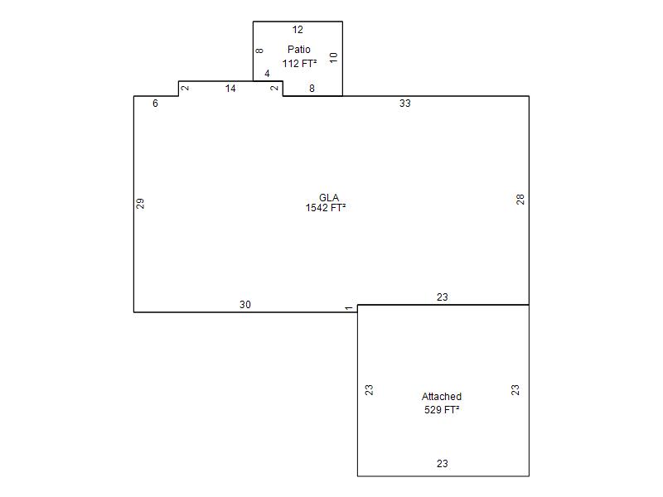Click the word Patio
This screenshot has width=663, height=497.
[x=299, y=50]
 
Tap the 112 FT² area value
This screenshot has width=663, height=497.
[x=299, y=64]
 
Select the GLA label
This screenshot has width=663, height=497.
[x=329, y=197]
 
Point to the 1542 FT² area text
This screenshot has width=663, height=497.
[x=326, y=208]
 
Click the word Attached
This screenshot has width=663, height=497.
[x=442, y=397]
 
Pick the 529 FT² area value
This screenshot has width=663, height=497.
[x=442, y=409]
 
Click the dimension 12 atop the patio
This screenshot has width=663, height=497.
[x=298, y=30]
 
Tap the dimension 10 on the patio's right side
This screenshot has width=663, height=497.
[x=334, y=57]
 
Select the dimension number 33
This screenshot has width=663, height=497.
[x=405, y=103]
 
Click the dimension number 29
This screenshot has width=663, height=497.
[x=140, y=203]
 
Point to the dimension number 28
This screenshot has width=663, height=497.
[x=520, y=200]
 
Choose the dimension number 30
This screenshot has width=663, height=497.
[x=245, y=304]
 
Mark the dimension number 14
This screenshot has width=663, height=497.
[x=230, y=89]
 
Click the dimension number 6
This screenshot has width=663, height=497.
[x=155, y=103]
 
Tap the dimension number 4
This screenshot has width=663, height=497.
[x=267, y=74]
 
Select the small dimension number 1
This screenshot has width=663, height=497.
[x=348, y=308]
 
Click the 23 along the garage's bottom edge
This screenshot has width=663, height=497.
[x=443, y=464]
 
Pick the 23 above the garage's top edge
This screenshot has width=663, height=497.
[x=443, y=297]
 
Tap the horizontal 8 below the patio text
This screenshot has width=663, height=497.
[x=312, y=89]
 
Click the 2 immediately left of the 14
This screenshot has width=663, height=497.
[x=185, y=88]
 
